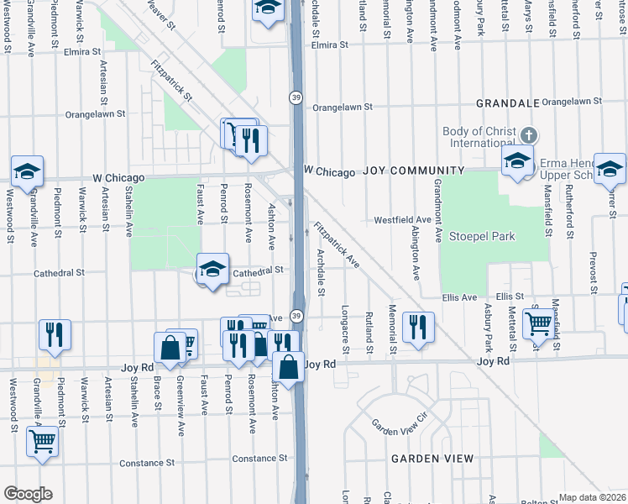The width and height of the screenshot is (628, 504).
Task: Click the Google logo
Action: (28, 494)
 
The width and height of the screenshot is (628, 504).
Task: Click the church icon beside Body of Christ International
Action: (529, 135)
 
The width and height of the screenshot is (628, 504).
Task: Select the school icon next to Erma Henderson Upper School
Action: (518, 160)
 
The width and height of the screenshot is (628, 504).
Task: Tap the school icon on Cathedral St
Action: (213, 270)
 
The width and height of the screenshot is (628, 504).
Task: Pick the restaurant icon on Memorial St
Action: (418, 327)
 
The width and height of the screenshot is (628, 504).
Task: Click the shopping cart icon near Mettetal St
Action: (537, 322)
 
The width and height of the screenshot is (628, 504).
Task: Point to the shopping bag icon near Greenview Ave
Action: (170, 348)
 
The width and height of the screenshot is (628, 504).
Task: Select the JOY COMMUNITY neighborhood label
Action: (400, 171)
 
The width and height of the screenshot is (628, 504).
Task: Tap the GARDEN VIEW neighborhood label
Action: (432, 459)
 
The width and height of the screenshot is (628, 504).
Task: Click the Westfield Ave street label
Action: (402, 220)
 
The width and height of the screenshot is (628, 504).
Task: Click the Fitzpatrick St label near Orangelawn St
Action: (172, 81)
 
